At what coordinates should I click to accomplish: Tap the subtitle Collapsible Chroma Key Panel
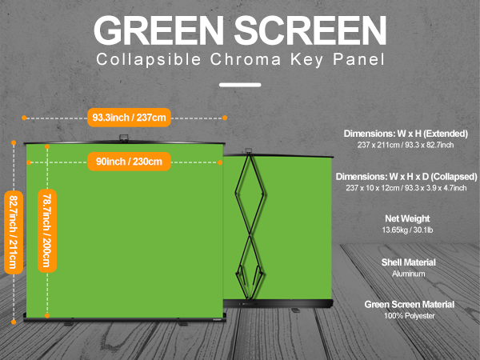239,60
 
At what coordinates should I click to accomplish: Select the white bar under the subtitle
239,83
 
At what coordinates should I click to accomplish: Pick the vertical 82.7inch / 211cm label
13,231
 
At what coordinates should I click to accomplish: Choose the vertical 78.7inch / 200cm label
47,231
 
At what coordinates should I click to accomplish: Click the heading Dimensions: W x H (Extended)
406,134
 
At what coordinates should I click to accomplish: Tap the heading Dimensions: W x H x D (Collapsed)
406,176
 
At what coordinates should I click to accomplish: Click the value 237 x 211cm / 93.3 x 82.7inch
406,145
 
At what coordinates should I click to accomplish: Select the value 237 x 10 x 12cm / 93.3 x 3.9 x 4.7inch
406,187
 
